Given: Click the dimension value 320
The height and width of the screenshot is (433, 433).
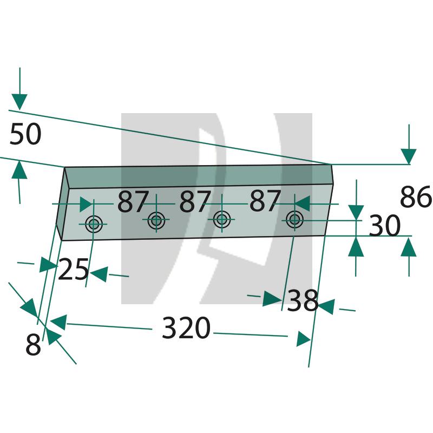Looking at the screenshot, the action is tap(186, 328).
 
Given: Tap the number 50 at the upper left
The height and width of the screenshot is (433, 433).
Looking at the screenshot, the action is tap(25, 134).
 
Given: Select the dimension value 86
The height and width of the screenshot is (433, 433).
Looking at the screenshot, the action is tap(416, 196).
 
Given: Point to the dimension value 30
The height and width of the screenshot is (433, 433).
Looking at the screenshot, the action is tap(384, 226).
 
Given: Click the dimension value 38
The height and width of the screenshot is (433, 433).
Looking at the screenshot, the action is tap(303, 300).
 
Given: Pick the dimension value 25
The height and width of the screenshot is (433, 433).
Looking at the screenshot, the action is tap(74, 269).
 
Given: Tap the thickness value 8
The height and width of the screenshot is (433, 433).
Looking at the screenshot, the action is tap(33, 344).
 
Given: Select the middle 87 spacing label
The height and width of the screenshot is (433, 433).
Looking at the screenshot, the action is tap(195, 201).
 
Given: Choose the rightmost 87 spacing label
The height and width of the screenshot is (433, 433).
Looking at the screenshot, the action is tap(265, 200).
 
